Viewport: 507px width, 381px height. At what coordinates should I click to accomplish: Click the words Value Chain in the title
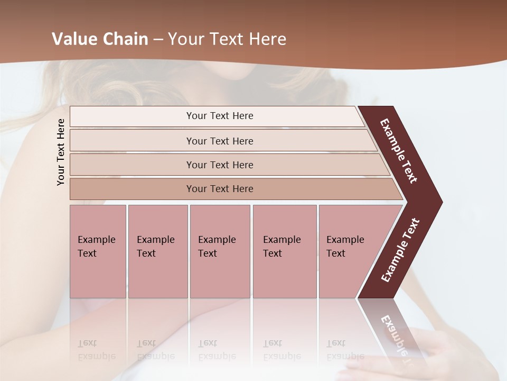tap(100, 39)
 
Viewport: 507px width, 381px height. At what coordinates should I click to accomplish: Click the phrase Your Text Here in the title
tap(227, 39)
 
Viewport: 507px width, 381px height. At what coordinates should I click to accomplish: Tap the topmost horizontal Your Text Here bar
tap(219, 116)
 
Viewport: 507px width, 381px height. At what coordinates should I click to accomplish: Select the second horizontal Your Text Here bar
tap(219, 141)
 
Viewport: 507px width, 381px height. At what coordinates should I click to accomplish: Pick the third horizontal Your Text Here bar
tap(219, 165)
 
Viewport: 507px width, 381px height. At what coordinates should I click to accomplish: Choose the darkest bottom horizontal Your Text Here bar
tap(219, 189)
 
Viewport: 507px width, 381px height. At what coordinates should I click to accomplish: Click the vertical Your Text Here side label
tap(61, 152)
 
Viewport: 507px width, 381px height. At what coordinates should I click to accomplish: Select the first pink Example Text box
tap(98, 251)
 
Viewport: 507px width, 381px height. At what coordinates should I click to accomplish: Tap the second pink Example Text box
tap(157, 251)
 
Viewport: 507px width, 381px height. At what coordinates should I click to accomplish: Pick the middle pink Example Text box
tap(220, 251)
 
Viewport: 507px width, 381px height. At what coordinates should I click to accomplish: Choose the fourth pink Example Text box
tap(284, 251)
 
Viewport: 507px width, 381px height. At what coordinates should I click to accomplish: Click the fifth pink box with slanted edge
tap(349, 251)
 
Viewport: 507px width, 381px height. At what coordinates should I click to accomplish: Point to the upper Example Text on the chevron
tap(399, 151)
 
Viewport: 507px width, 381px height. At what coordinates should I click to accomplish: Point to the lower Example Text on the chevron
tap(400, 250)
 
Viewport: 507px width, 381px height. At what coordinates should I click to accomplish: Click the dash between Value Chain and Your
tap(158, 40)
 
